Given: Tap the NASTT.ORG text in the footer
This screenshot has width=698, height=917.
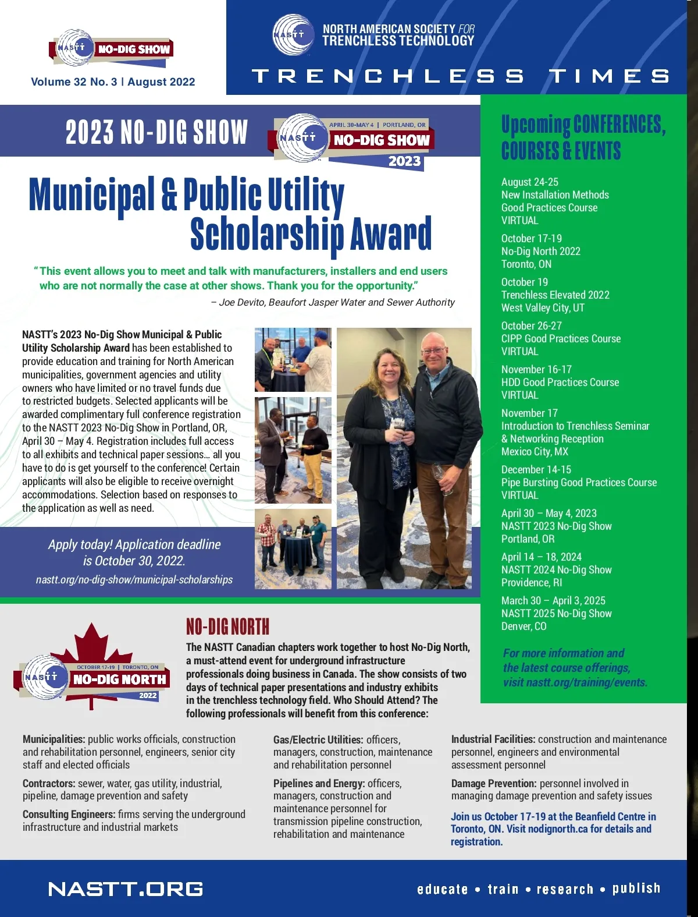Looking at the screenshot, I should [126, 889].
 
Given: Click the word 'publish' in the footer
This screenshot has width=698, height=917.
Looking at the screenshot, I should [636, 888].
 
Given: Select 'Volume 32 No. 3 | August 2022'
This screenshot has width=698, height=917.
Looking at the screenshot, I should [113, 82].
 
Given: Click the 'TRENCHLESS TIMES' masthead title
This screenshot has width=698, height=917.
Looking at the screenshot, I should [460, 76].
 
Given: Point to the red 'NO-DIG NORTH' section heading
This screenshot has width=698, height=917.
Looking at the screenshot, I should [227, 627].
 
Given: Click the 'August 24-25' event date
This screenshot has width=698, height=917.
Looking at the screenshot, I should [529, 182].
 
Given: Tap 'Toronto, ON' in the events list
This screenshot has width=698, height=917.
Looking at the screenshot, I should [526, 264].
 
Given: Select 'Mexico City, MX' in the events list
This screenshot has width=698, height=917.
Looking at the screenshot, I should [535, 452].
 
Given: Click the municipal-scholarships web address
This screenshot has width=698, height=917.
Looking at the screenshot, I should [134, 580].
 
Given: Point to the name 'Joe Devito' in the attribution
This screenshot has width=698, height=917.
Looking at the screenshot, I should [241, 302].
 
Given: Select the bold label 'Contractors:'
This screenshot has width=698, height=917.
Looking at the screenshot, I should [49, 784].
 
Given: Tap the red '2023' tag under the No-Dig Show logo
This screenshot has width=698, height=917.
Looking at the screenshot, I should [404, 161].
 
